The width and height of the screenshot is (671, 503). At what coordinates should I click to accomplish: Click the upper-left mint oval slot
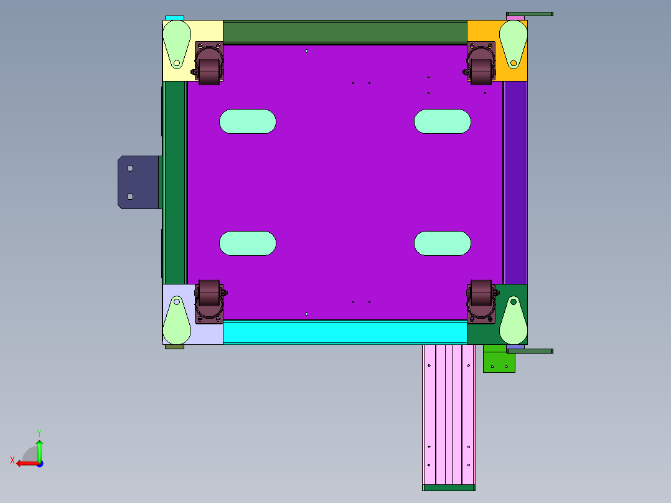[x=248, y=121]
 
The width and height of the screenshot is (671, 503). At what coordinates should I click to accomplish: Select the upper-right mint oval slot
[x=443, y=121]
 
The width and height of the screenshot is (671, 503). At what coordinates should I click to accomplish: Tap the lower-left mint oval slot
[x=248, y=243]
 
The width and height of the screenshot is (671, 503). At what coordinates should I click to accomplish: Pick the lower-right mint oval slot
[x=443, y=243]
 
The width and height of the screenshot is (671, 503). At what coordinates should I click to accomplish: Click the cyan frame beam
[x=345, y=332]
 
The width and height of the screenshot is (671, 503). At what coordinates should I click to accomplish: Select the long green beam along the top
[x=345, y=32]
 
